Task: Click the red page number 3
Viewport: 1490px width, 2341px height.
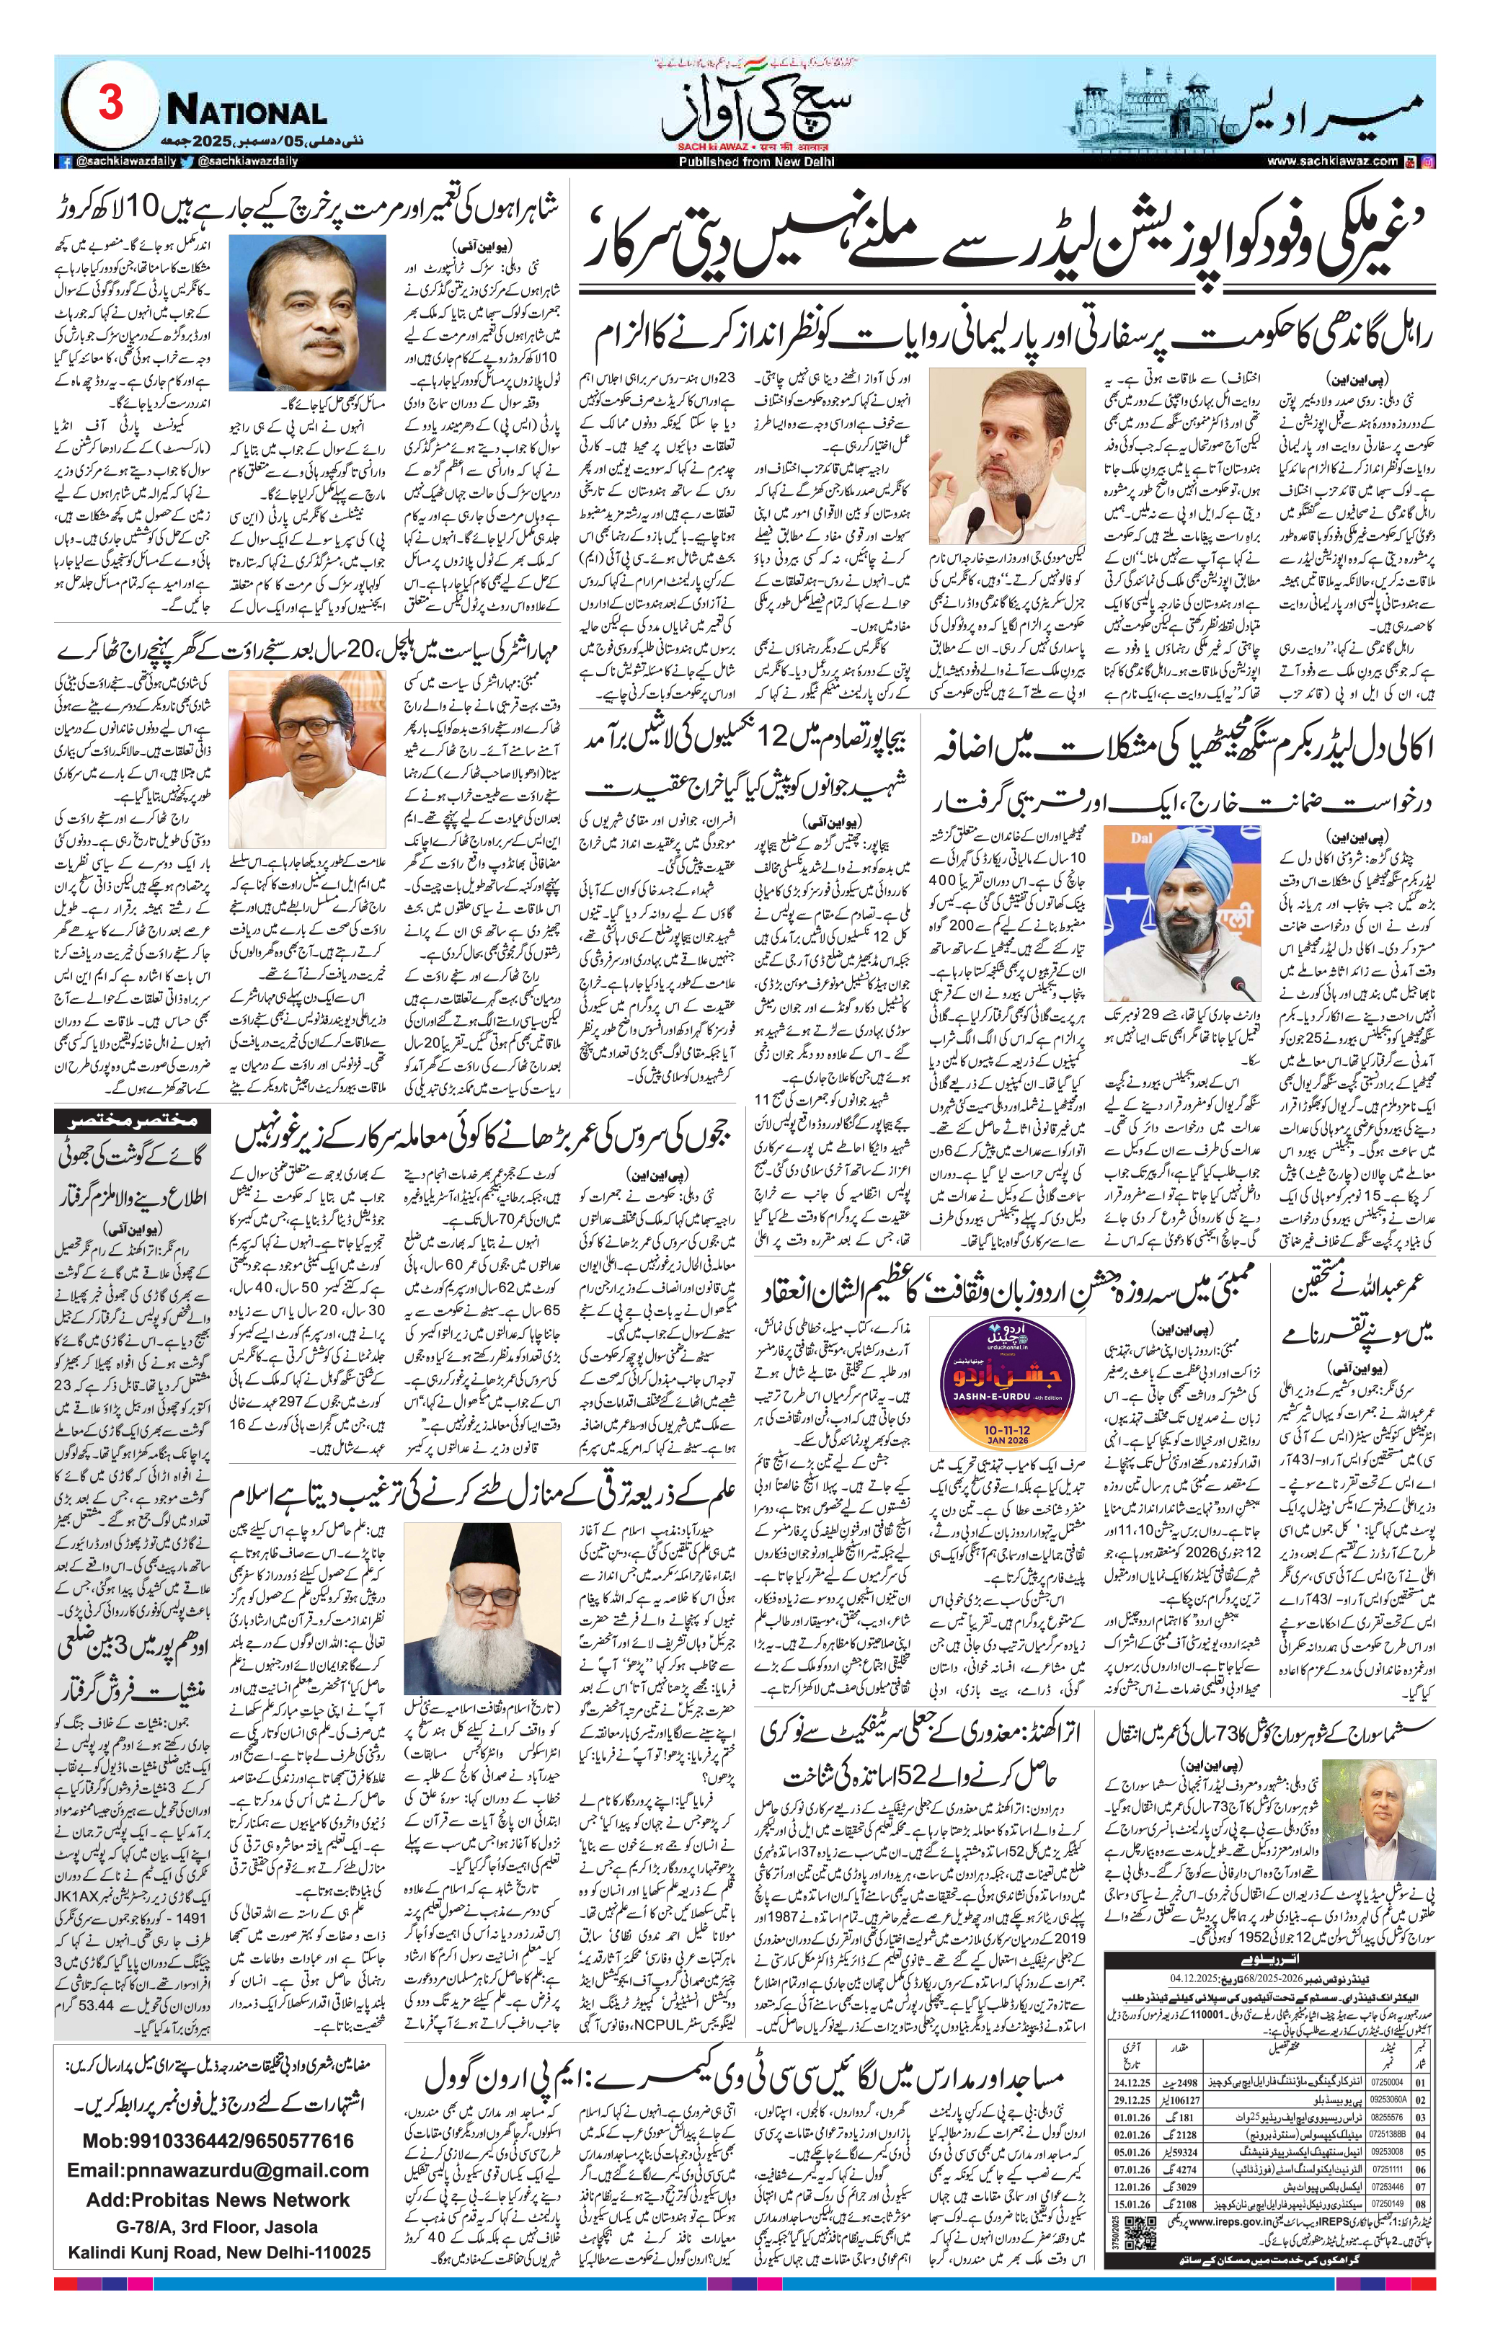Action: pos(110,103)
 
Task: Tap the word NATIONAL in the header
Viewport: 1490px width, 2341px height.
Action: pos(246,112)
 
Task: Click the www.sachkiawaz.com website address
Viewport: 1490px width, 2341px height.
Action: pos(1331,161)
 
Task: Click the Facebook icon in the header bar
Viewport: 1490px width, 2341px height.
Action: pos(66,161)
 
